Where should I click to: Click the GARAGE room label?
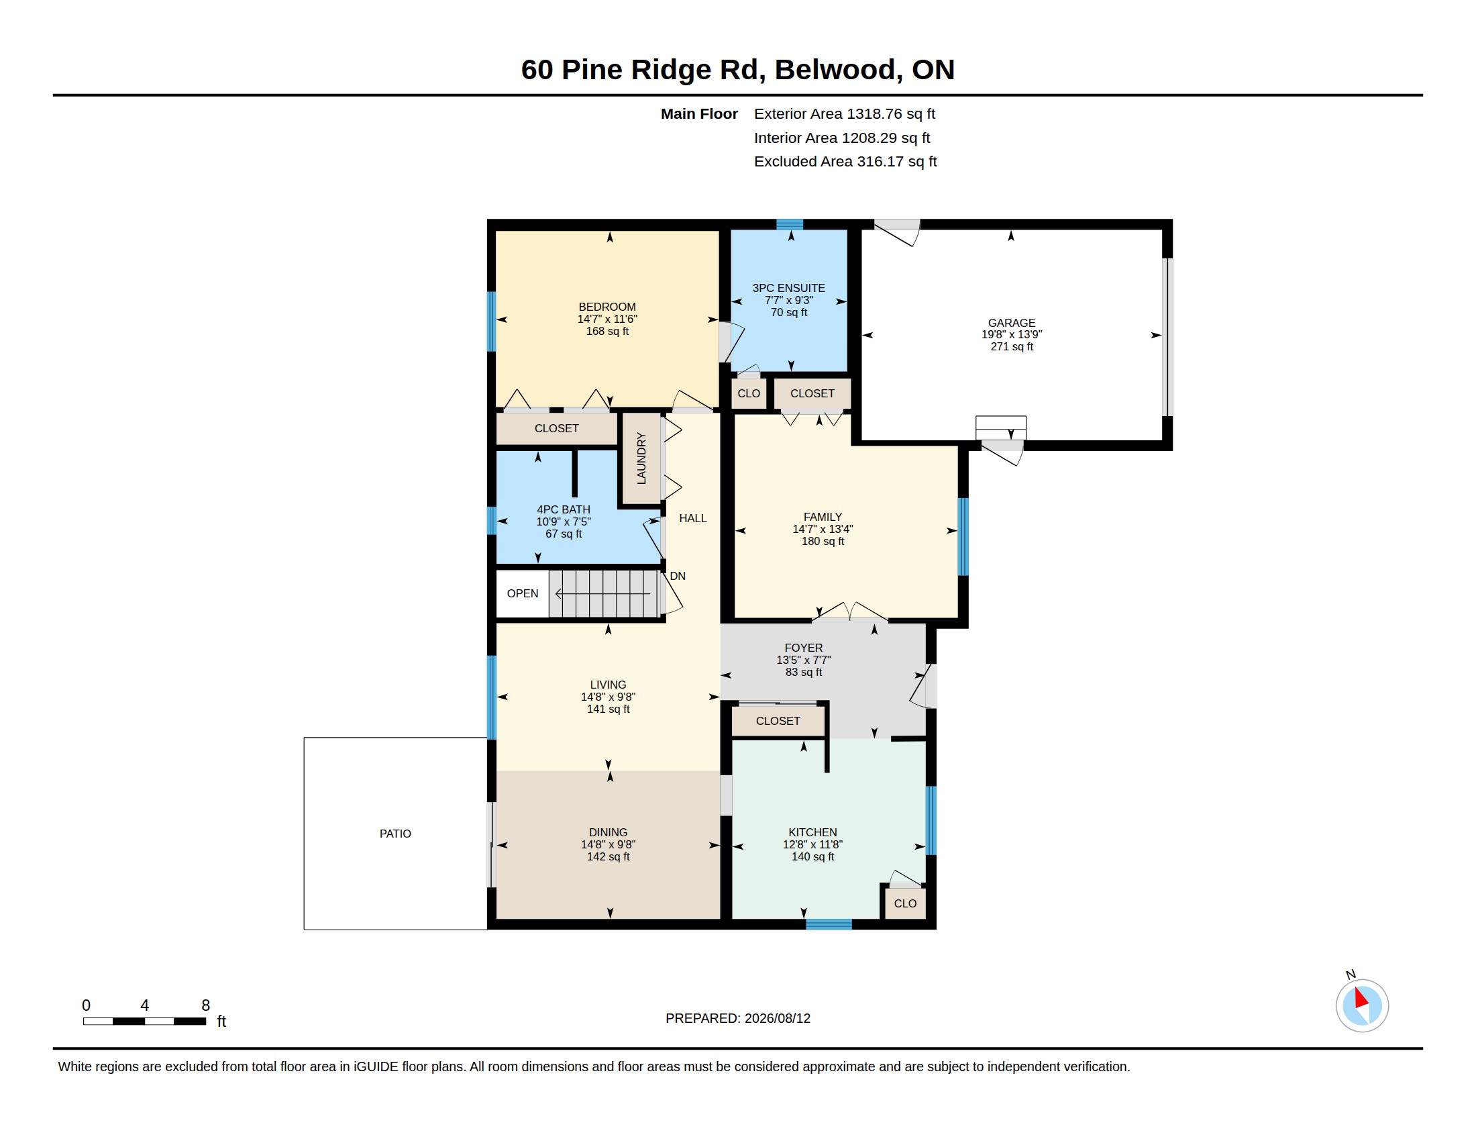[x=1011, y=323]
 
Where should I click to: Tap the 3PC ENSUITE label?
[x=789, y=288]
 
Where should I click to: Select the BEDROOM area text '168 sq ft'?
[x=607, y=331]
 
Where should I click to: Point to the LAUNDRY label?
[x=641, y=458]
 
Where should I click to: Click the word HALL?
[x=693, y=518]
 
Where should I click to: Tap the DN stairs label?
[x=677, y=576]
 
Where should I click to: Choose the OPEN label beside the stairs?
[x=523, y=593]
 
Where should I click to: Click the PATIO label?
[x=395, y=834]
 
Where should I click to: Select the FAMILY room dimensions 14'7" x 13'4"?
[x=823, y=530]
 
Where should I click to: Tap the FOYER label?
[x=804, y=648]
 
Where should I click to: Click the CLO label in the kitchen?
[x=905, y=904]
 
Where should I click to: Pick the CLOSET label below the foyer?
[x=778, y=722]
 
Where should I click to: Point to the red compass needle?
[x=1361, y=999]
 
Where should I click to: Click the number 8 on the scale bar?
[x=205, y=1005]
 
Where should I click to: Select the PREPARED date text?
[x=738, y=1018]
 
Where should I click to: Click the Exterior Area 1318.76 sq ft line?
[x=844, y=114]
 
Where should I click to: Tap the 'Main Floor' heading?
[x=699, y=114]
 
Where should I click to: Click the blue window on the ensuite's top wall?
[x=790, y=224]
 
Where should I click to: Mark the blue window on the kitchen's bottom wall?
[x=829, y=924]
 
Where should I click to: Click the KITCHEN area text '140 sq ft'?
[x=812, y=857]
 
